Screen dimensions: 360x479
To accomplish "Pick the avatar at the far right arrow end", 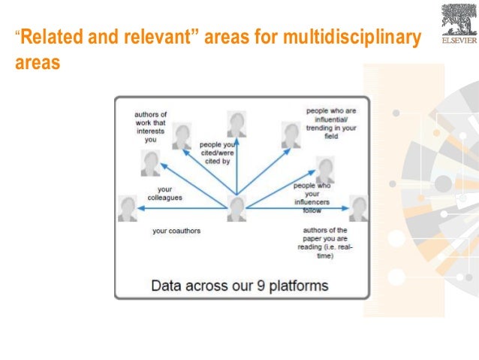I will pyautogui.click(x=358, y=208).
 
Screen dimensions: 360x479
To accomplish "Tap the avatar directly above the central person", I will pyautogui.click(x=237, y=123).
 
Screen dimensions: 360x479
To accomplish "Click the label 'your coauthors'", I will pyautogui.click(x=176, y=231).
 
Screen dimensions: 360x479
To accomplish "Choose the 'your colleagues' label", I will pyautogui.click(x=170, y=193).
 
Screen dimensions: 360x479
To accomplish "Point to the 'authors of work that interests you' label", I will pyautogui.click(x=151, y=126).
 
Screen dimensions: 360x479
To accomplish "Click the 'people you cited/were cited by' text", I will pyautogui.click(x=216, y=153).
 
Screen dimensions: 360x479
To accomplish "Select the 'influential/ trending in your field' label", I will pyautogui.click(x=332, y=123).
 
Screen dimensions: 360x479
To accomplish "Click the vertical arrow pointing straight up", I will pyautogui.click(x=237, y=165).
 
